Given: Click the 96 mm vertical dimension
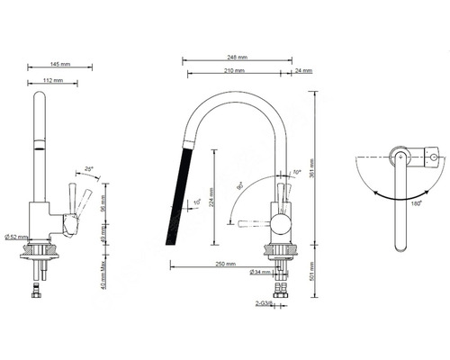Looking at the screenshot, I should [106, 204].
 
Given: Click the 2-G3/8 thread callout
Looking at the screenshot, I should [265, 303].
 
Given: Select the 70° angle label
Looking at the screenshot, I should [297, 171].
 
